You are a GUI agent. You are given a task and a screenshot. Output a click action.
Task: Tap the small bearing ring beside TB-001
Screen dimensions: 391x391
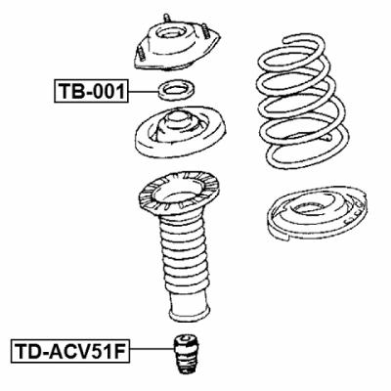tap(177, 94)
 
